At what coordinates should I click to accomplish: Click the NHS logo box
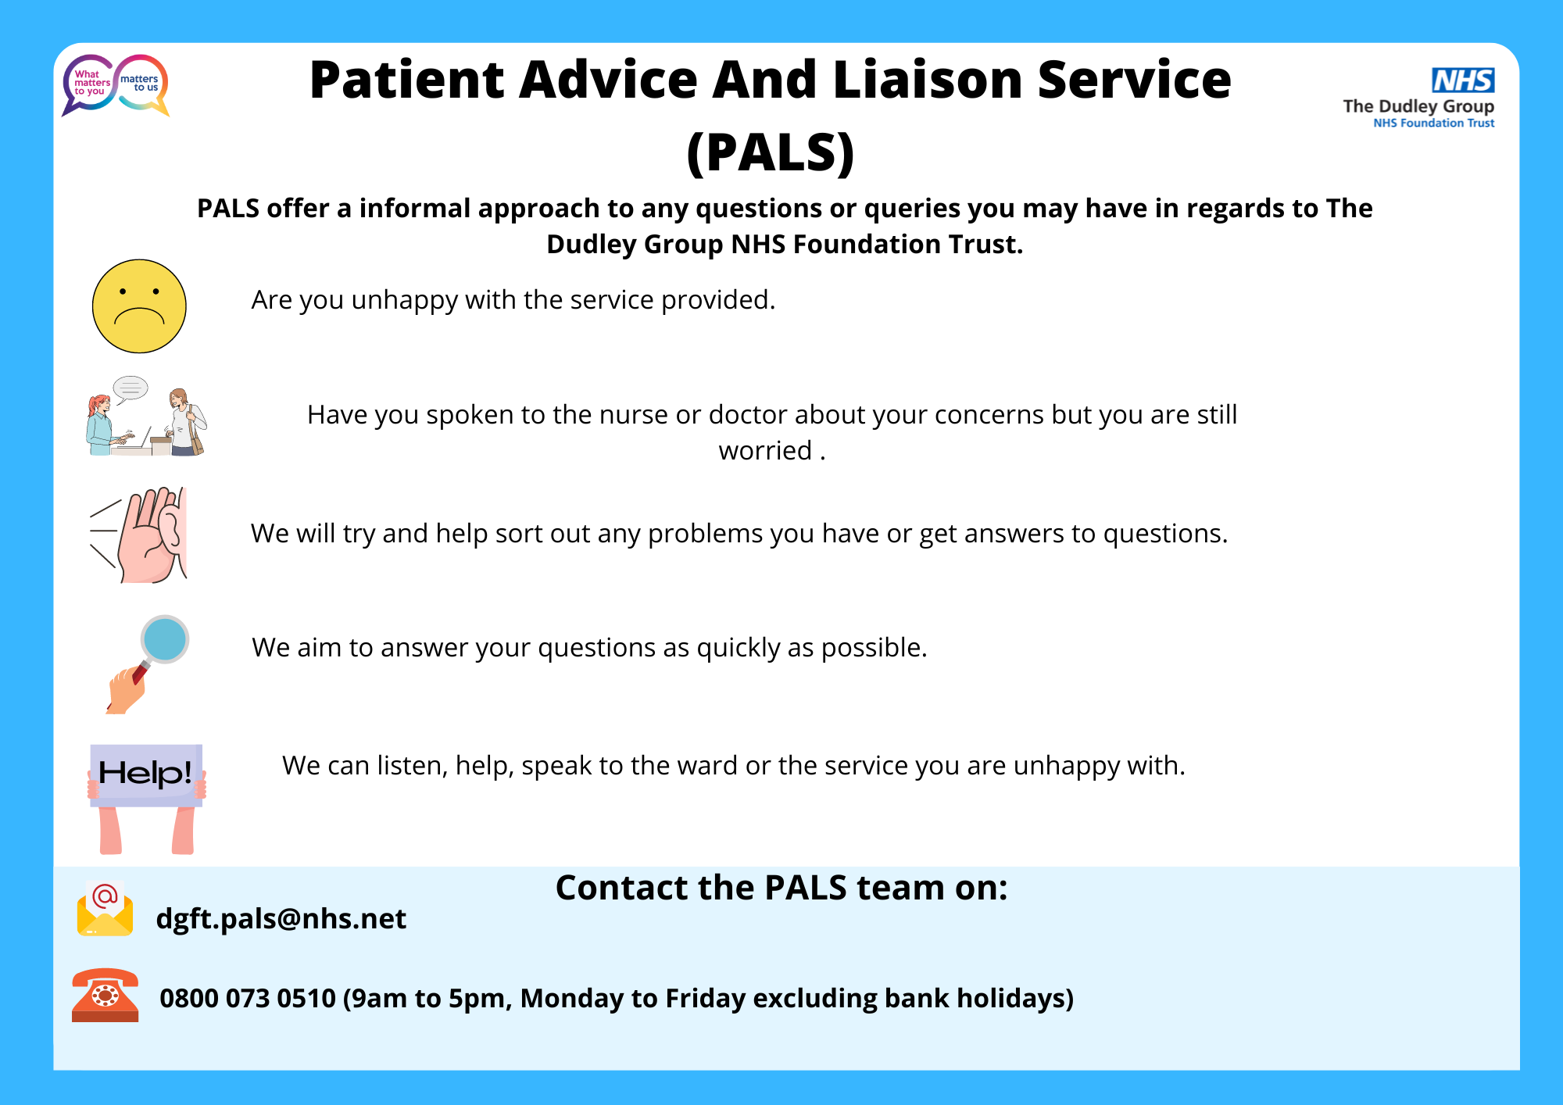(x=1463, y=80)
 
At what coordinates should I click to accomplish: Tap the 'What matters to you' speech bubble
(x=89, y=84)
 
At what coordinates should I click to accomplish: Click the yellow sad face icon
(x=139, y=306)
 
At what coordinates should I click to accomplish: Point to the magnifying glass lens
(x=165, y=639)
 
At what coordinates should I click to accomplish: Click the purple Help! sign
(x=146, y=774)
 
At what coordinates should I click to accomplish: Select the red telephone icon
(x=105, y=995)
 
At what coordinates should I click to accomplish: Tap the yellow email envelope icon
(x=105, y=909)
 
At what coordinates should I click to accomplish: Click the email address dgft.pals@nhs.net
(x=281, y=919)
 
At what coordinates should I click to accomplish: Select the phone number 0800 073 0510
(x=248, y=998)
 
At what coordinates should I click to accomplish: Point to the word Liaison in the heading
(x=928, y=80)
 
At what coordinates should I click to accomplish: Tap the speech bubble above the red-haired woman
(x=130, y=388)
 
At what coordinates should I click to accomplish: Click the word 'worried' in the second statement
(x=765, y=451)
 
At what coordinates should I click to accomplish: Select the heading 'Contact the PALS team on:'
(x=781, y=888)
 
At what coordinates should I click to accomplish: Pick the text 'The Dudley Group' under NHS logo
(x=1418, y=106)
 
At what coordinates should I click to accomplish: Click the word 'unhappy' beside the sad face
(x=404, y=301)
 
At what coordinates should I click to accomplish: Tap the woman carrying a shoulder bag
(x=187, y=422)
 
